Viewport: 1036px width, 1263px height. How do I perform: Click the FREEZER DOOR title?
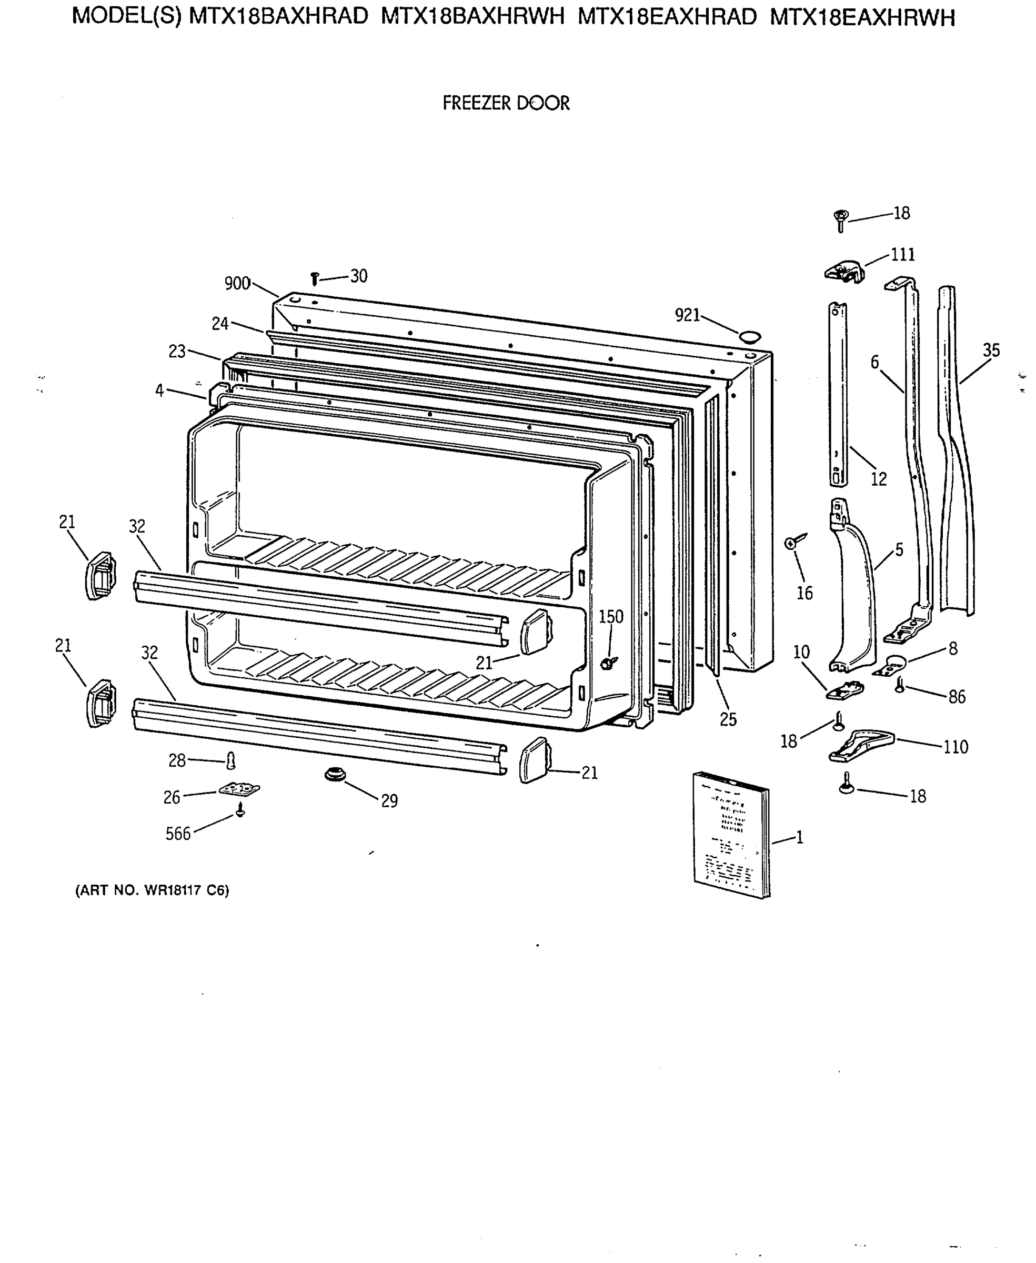(506, 103)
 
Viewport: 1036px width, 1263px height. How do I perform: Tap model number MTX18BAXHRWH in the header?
(472, 17)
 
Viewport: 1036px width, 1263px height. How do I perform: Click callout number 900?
(237, 284)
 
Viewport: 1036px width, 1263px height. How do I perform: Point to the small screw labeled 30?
(315, 278)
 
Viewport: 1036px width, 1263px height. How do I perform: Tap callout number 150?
(610, 617)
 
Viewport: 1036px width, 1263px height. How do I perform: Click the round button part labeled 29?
(335, 775)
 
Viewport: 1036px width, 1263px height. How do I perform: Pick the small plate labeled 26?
(239, 790)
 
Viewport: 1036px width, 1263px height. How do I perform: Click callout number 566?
(178, 834)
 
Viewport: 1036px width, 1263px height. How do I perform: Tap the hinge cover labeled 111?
(845, 272)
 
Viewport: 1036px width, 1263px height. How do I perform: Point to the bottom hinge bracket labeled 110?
(861, 746)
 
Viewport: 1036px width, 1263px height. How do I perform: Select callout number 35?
(991, 350)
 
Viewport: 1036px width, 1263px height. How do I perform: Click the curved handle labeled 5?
(853, 591)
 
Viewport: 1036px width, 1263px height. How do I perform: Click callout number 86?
(957, 697)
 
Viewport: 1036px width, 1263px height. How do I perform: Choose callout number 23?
(177, 352)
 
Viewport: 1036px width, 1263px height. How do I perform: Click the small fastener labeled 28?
(232, 760)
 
